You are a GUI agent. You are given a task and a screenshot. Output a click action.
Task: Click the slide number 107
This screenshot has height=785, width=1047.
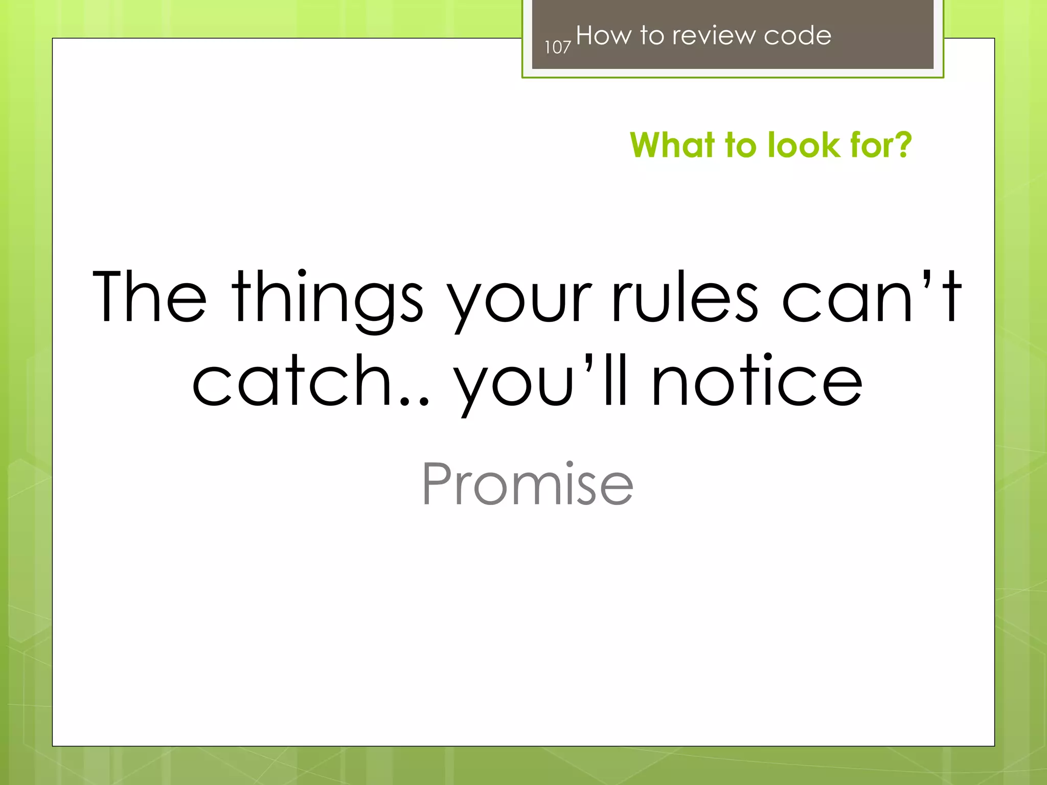(x=557, y=48)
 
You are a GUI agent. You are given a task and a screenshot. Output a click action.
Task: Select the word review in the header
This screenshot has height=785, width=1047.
(x=713, y=36)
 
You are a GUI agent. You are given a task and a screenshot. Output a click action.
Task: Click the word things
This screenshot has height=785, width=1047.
(x=327, y=299)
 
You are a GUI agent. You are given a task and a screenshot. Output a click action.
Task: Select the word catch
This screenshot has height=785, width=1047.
(x=291, y=381)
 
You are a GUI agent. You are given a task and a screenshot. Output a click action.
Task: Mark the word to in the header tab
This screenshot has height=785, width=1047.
(x=651, y=36)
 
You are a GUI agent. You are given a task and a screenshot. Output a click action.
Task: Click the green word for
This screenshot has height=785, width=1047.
(x=870, y=145)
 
